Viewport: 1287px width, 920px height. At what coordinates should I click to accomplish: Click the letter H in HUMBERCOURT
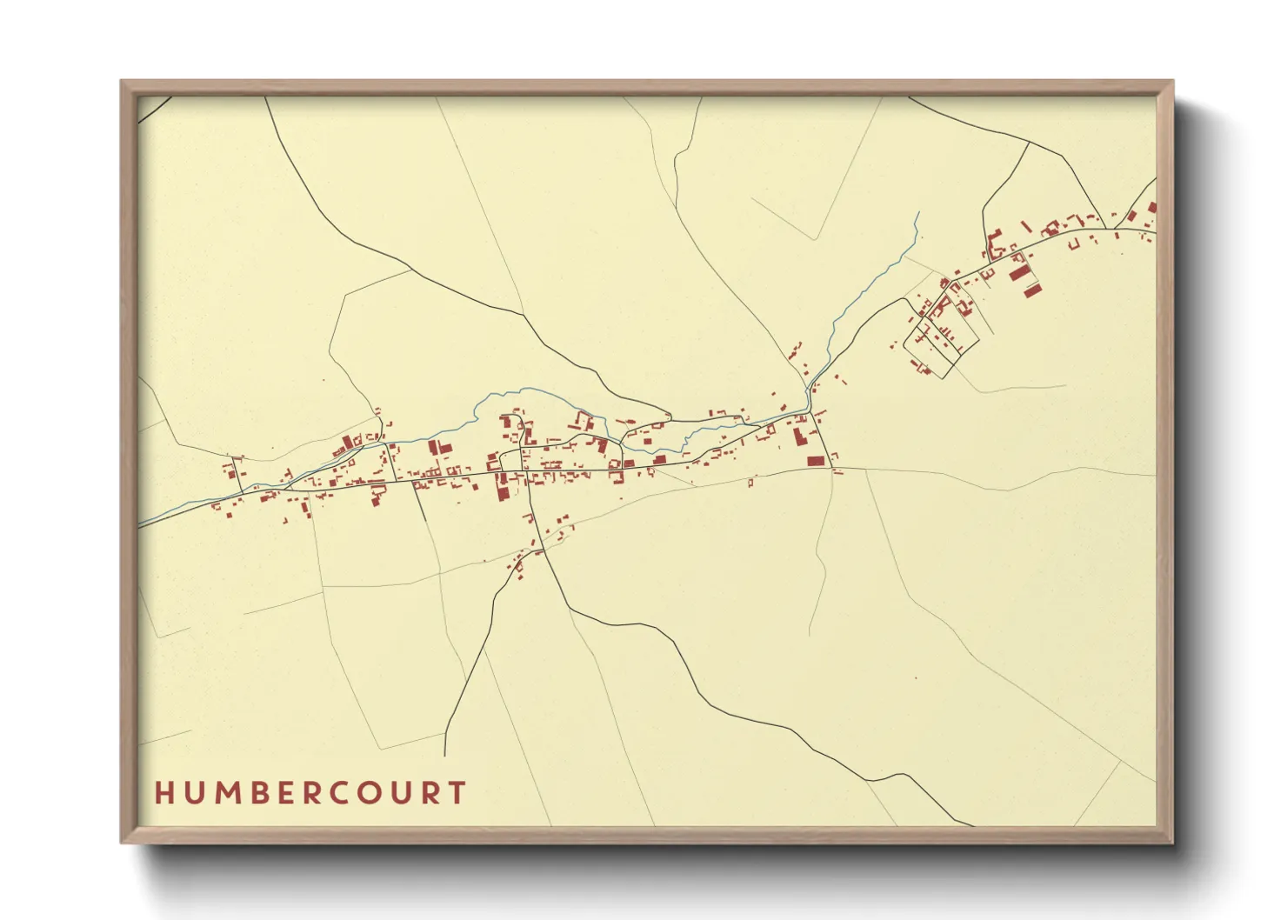click(163, 793)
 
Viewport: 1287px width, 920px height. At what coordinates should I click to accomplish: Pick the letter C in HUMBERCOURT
click(339, 793)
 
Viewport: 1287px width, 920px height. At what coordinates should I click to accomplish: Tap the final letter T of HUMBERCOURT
click(457, 793)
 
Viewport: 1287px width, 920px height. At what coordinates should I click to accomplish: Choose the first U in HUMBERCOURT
click(192, 793)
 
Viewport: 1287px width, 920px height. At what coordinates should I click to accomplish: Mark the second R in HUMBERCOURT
click(430, 793)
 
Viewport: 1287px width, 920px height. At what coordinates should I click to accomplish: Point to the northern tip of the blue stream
click(917, 213)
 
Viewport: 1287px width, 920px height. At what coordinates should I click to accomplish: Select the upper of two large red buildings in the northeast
click(1018, 272)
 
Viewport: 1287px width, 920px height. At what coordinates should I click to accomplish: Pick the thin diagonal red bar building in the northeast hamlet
click(1026, 228)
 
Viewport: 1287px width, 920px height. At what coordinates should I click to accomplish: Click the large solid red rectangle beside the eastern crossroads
click(815, 462)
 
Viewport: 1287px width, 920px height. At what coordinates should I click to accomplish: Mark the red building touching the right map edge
click(1152, 207)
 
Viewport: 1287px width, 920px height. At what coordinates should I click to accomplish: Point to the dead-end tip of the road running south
click(445, 755)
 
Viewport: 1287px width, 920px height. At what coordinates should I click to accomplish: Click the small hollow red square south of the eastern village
click(750, 483)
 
